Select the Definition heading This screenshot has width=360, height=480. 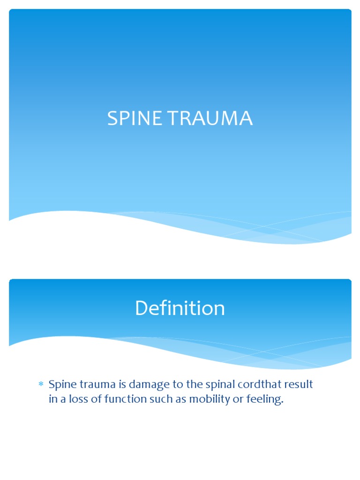click(x=180, y=308)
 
